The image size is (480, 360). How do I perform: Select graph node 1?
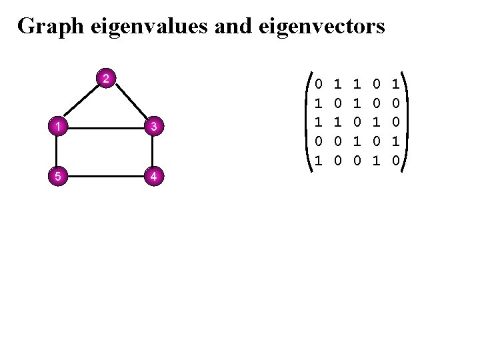pyautogui.click(x=59, y=126)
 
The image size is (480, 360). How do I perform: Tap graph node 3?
pyautogui.click(x=153, y=126)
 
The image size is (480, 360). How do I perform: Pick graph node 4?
pyautogui.click(x=153, y=177)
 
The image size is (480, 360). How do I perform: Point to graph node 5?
pyautogui.click(x=59, y=177)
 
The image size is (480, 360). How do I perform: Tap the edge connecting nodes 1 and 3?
pyautogui.click(x=107, y=126)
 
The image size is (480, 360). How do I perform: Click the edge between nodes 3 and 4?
pyautogui.click(x=153, y=151)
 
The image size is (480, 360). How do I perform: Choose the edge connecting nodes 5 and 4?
pyautogui.click(x=107, y=177)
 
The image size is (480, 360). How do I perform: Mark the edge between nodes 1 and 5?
pyautogui.click(x=59, y=151)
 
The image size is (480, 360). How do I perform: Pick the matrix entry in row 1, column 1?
pyautogui.click(x=318, y=85)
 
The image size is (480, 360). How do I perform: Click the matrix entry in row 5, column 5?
pyautogui.click(x=395, y=161)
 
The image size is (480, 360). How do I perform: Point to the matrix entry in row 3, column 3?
pyautogui.click(x=357, y=123)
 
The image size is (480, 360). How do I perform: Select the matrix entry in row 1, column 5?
pyautogui.click(x=395, y=85)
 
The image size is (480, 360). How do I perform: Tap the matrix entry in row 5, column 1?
pyautogui.click(x=318, y=161)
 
